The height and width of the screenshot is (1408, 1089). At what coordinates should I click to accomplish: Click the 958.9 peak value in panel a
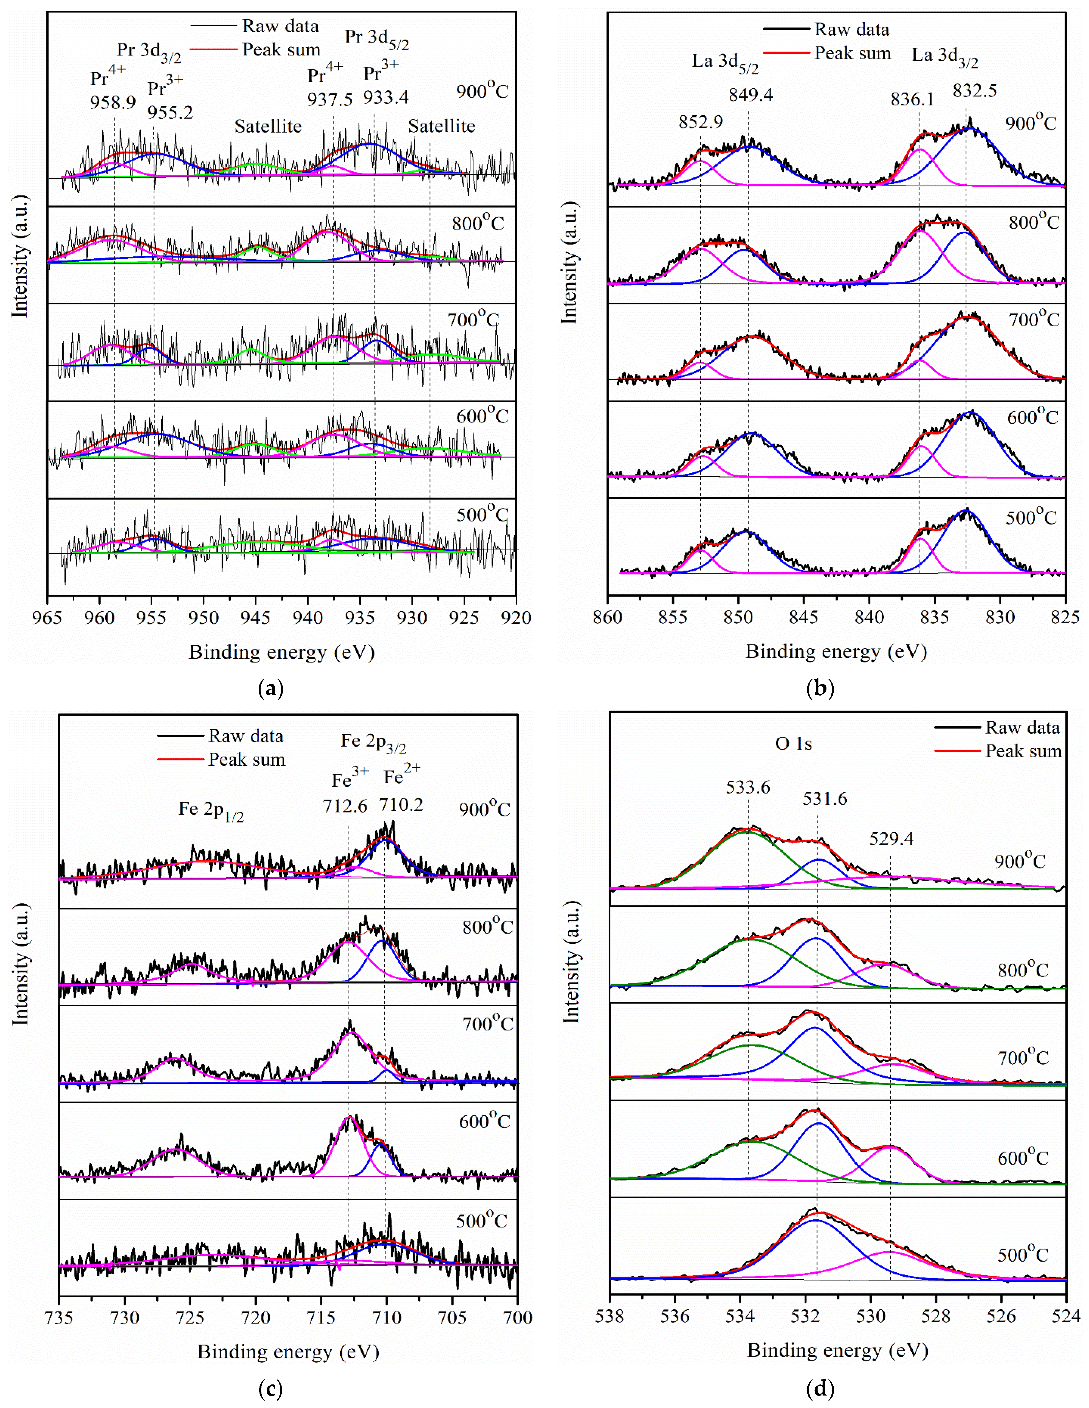tap(113, 103)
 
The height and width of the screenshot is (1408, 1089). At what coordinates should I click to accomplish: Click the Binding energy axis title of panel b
tap(836, 652)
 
